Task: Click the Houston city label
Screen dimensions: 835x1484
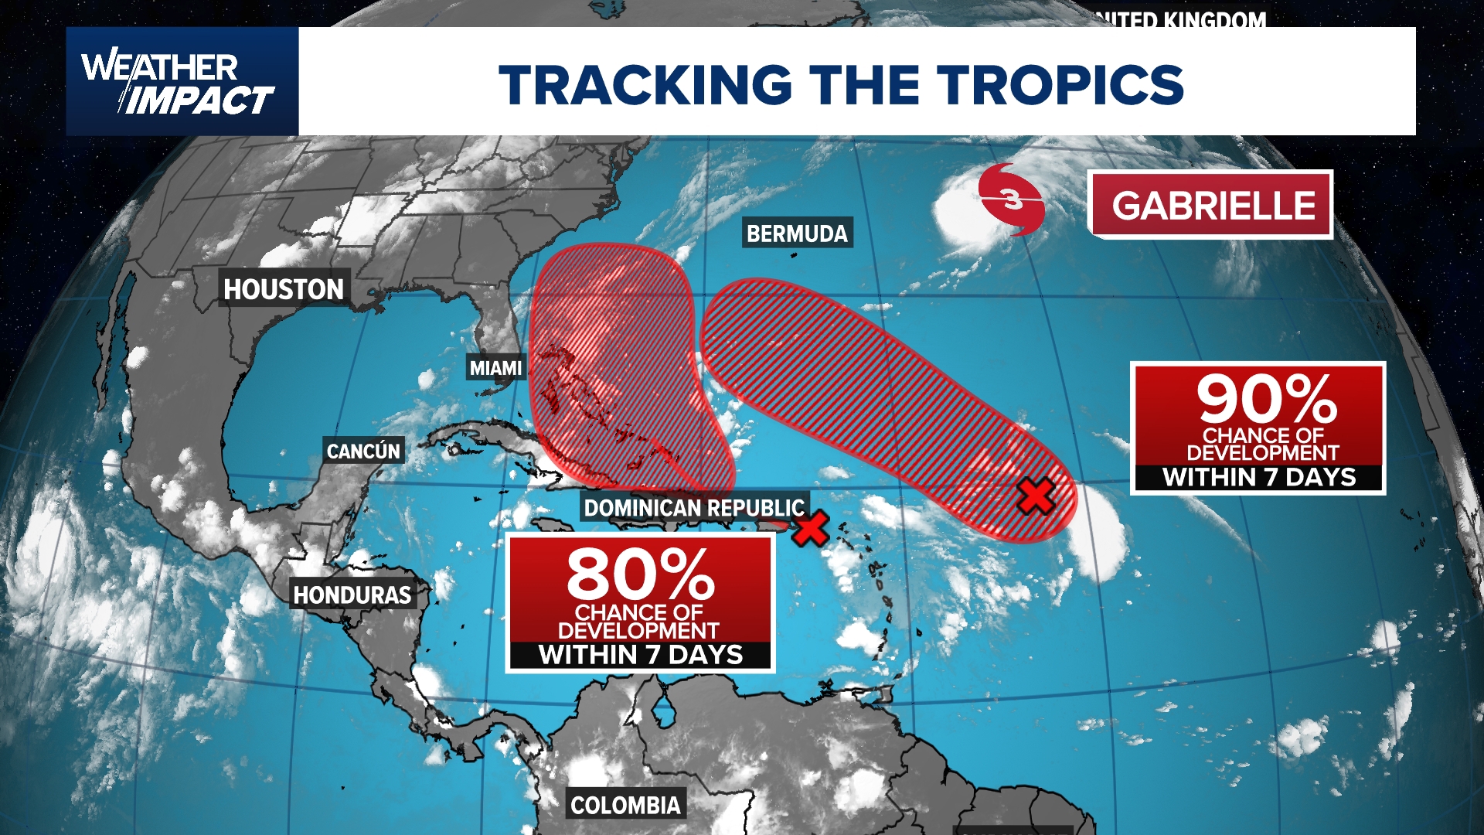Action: click(x=284, y=289)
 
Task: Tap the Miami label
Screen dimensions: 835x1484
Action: click(x=495, y=368)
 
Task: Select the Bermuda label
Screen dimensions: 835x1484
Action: click(x=797, y=233)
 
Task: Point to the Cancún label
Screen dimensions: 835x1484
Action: click(x=363, y=451)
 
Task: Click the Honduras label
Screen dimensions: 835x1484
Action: click(x=352, y=595)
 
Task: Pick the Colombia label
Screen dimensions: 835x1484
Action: click(x=625, y=806)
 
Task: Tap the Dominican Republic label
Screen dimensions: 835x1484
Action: click(x=694, y=508)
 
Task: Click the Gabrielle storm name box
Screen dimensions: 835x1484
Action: click(x=1213, y=206)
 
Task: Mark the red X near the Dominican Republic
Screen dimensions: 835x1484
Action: click(x=811, y=529)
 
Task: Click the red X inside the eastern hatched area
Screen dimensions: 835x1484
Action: click(x=1036, y=496)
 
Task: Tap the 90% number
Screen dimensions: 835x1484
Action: click(x=1267, y=399)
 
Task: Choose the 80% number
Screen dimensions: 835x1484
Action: click(x=641, y=574)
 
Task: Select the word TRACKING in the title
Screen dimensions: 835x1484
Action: click(x=645, y=83)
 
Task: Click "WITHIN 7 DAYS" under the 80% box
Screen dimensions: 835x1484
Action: click(x=641, y=655)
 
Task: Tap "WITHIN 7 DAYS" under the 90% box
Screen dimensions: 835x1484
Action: click(x=1259, y=477)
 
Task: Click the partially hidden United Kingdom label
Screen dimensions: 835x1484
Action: click(x=1186, y=20)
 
